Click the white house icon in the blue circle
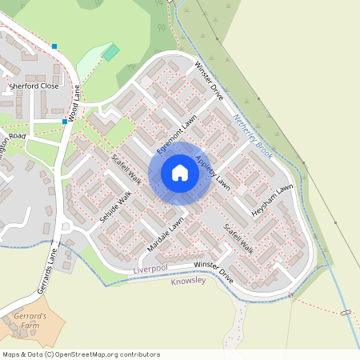click(x=180, y=172)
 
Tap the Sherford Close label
click(x=34, y=86)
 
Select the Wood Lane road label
click(x=74, y=104)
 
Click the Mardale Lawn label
click(x=165, y=232)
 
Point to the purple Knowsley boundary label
click(x=189, y=282)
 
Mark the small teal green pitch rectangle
click(x=110, y=53)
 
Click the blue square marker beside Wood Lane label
click(x=65, y=121)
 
